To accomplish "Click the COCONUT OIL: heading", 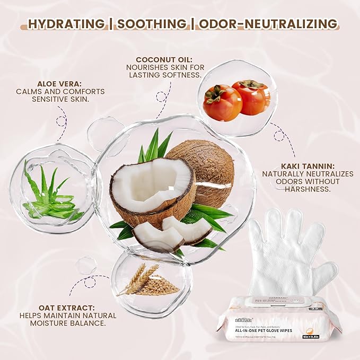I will (163, 59).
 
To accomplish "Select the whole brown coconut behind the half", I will (204, 164).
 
